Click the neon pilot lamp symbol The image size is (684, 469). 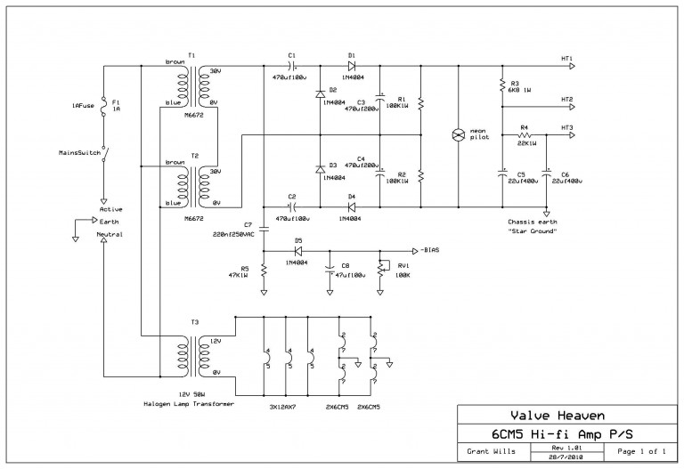pos(460,135)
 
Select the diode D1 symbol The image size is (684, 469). pos(352,66)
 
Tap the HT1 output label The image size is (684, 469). pos(567,59)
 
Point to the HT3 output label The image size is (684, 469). pos(567,127)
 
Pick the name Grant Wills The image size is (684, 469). pos(488,451)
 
